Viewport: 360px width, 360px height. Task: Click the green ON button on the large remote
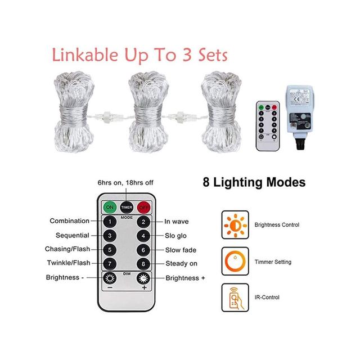(109, 206)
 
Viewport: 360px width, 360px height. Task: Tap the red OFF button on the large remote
(144, 206)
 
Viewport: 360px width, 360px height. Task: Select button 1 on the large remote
(109, 222)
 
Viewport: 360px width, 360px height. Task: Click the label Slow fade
(180, 250)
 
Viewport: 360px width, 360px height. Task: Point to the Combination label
(69, 221)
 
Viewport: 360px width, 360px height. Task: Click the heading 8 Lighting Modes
(254, 183)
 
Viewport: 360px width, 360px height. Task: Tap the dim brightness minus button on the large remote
(109, 278)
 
